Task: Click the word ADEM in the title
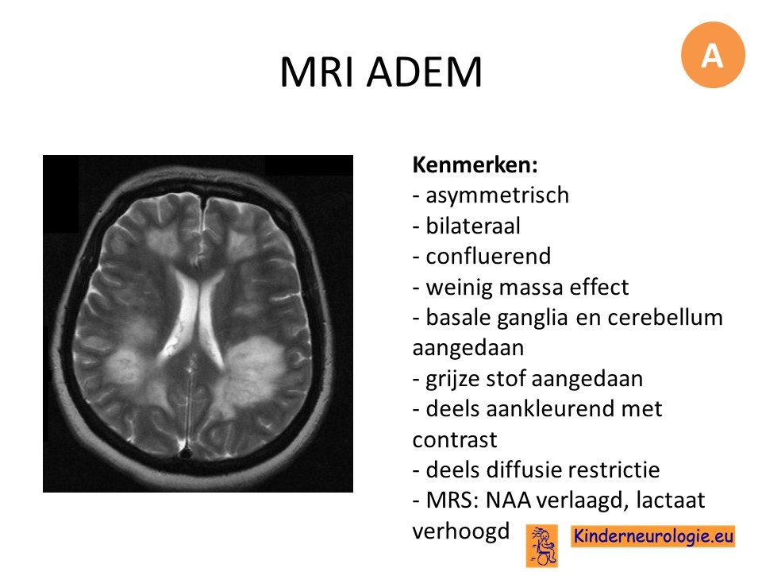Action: pyautogui.click(x=424, y=72)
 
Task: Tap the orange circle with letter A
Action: pyautogui.click(x=713, y=55)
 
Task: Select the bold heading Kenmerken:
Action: pyautogui.click(x=475, y=165)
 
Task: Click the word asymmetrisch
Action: pyautogui.click(x=497, y=195)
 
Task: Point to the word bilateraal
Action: pyautogui.click(x=473, y=226)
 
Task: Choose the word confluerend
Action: pyautogui.click(x=488, y=256)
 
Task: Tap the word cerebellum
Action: pyautogui.click(x=665, y=317)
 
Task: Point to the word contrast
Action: pyautogui.click(x=454, y=440)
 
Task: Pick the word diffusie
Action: pyautogui.click(x=523, y=470)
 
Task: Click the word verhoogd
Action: pyautogui.click(x=460, y=531)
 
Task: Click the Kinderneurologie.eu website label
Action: pyautogui.click(x=652, y=536)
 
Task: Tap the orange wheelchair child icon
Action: pyautogui.click(x=542, y=546)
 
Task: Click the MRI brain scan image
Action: pyautogui.click(x=198, y=323)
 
